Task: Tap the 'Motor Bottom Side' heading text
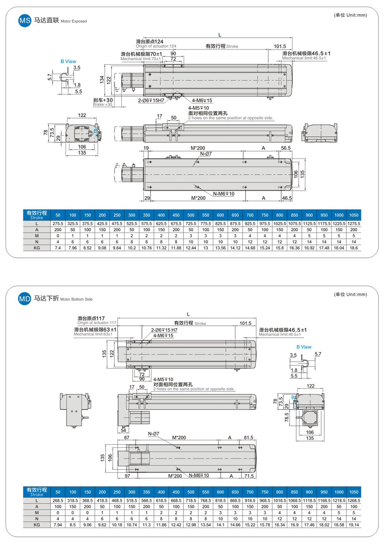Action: coord(76,299)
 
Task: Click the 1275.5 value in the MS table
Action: coord(353,223)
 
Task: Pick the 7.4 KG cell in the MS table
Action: coord(58,247)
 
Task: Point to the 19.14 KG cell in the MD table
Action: coord(353,525)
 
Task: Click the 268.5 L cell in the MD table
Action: coord(58,500)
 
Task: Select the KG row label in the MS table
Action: coord(36,247)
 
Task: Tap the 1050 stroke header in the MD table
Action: coord(353,491)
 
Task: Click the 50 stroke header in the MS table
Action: coord(58,214)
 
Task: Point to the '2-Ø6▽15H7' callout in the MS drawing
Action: coord(151,101)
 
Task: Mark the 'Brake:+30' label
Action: coord(103,104)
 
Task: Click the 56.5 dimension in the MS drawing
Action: coord(285,148)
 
